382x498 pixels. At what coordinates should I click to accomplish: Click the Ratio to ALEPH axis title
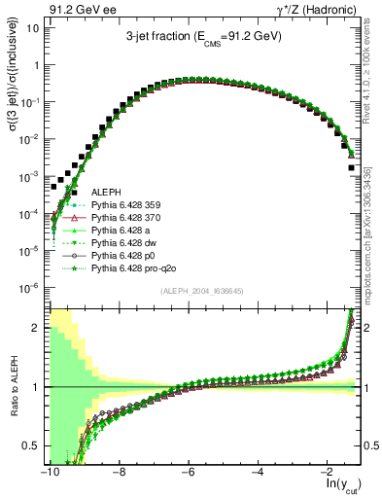(14, 387)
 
